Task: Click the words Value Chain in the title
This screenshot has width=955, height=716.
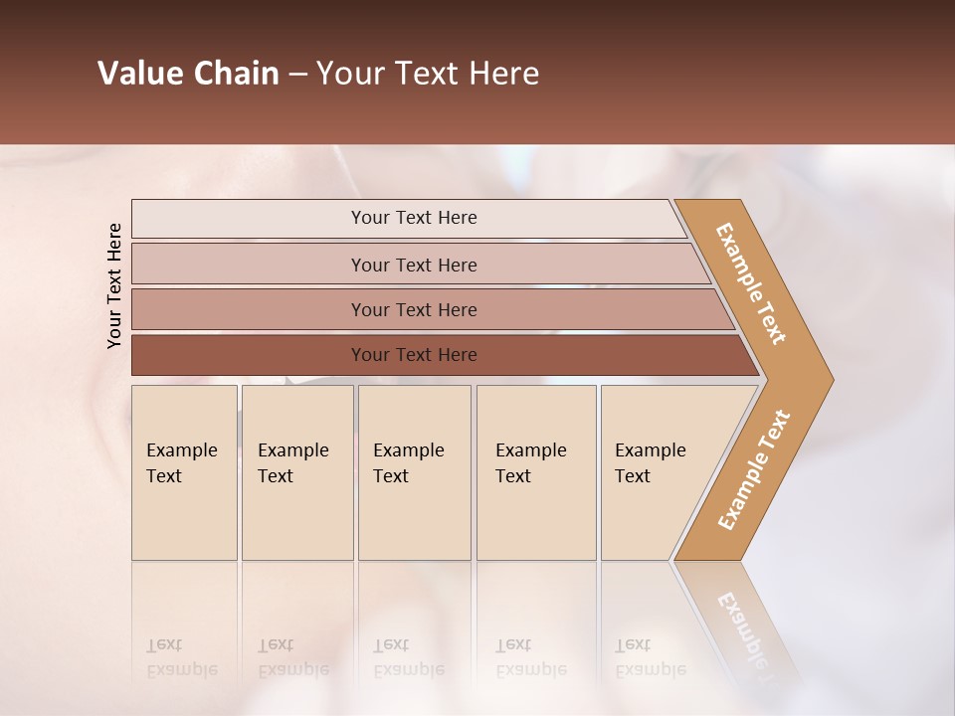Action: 188,74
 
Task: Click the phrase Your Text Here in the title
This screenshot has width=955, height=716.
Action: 428,74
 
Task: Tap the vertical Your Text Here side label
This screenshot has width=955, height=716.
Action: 114,285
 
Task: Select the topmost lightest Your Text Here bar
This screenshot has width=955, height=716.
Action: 414,218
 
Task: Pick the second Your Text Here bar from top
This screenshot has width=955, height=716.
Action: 414,265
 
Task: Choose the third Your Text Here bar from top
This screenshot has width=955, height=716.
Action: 414,309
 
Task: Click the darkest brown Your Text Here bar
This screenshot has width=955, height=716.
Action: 414,355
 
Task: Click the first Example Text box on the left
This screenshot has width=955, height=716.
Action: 184,471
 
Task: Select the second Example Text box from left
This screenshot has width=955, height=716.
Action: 296,471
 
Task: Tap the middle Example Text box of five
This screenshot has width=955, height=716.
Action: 414,471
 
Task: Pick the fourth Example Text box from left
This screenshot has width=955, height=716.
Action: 535,471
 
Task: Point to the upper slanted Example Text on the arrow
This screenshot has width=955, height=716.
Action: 752,283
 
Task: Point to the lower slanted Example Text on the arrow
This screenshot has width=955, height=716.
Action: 754,469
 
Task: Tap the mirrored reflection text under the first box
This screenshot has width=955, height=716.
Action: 181,657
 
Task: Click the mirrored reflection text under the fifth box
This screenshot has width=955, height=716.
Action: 651,657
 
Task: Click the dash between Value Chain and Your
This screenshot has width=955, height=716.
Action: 297,75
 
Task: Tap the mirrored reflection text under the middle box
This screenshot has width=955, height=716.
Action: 408,657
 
